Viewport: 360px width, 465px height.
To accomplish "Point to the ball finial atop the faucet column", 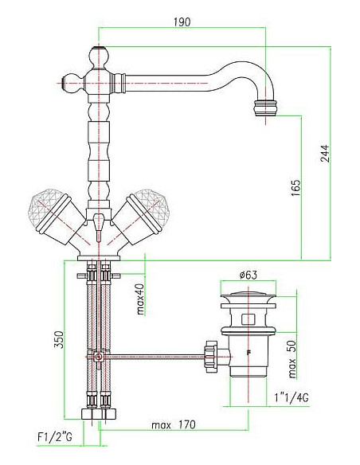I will [x=98, y=57].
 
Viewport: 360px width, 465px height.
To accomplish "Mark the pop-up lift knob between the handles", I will [x=98, y=221].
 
